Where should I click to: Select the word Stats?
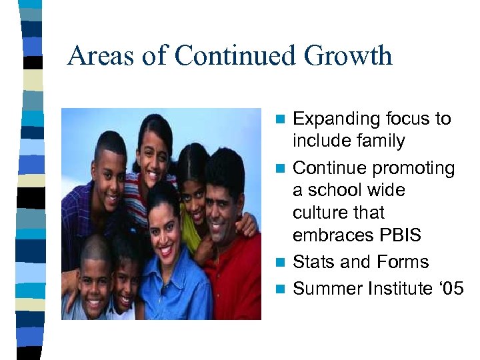314,262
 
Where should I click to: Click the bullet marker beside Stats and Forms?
281,262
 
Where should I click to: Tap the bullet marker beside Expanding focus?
281,119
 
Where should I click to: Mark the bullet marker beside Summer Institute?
281,289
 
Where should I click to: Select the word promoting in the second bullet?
413,168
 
